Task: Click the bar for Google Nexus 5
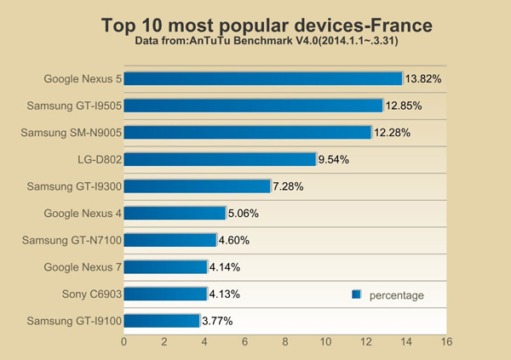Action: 263,79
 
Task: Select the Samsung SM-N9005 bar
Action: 249,132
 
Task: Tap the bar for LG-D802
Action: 221,159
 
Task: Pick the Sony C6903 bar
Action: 166,294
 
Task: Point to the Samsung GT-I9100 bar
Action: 162,321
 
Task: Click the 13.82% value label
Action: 423,79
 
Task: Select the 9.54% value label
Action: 333,159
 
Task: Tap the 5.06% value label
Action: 243,214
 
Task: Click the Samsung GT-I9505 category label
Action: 74,106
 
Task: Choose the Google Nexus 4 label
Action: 83,214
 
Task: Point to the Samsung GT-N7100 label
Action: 74,241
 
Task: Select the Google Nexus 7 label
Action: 83,267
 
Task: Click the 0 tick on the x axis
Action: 124,342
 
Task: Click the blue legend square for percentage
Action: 357,294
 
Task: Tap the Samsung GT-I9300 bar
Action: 198,186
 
